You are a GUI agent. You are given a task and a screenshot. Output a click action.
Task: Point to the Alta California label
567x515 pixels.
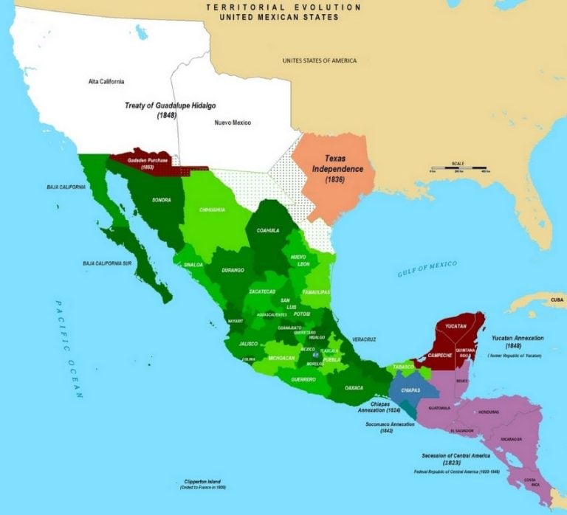pyautogui.click(x=106, y=80)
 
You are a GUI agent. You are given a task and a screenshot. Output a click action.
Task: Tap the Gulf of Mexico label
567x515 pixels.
pyautogui.click(x=427, y=269)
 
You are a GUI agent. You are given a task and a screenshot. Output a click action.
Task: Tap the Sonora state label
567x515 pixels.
pyautogui.click(x=162, y=200)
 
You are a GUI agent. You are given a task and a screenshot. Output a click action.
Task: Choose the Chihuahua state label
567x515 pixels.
pyautogui.click(x=212, y=210)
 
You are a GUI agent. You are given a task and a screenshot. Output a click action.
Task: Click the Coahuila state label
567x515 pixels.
pyautogui.click(x=267, y=230)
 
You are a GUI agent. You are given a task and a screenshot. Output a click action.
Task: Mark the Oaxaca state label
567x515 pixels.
pyautogui.click(x=354, y=387)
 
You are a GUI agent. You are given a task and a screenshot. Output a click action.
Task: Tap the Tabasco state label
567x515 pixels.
pyautogui.click(x=402, y=366)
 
